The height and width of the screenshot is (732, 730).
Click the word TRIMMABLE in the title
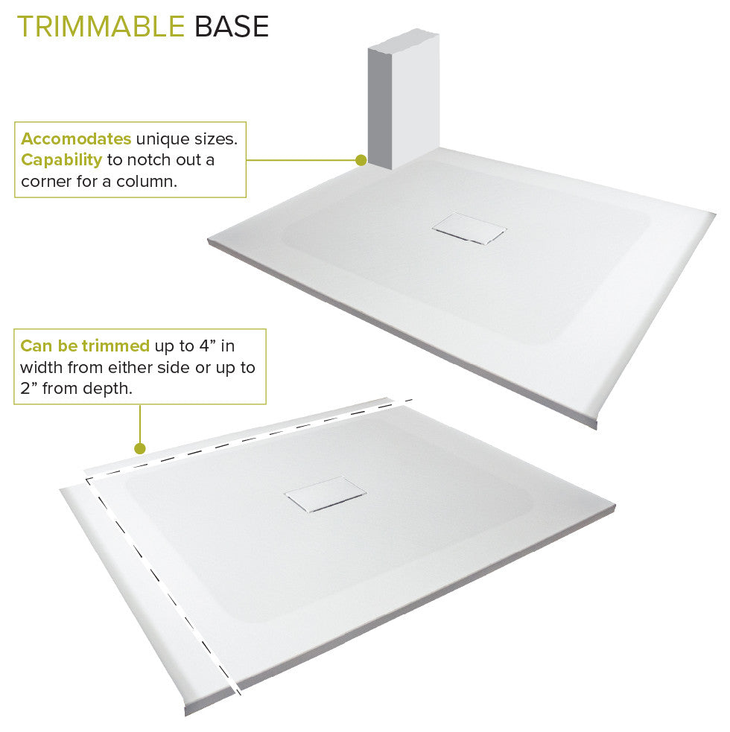point(101,27)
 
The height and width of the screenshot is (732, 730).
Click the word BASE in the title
point(231,27)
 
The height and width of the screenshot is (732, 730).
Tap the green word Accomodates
point(76,139)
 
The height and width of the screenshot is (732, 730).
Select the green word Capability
point(61,160)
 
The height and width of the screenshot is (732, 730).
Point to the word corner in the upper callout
point(44,181)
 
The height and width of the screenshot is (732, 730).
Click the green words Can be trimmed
point(85,346)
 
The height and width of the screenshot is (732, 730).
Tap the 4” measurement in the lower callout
point(216,346)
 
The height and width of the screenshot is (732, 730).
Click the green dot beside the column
point(361,160)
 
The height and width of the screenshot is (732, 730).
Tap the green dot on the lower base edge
point(139,448)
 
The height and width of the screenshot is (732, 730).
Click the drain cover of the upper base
point(468,229)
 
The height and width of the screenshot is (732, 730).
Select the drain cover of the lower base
point(325,493)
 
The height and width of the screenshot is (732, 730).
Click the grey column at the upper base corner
point(403,101)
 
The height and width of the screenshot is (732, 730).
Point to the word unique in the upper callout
point(160,139)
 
